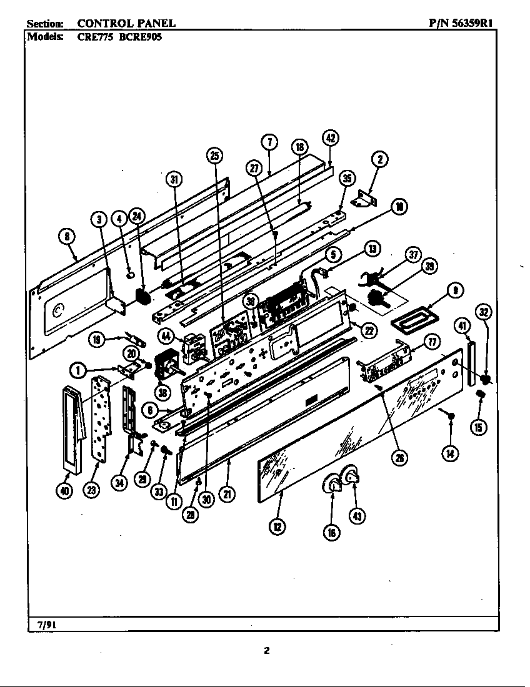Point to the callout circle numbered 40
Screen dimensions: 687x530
63,490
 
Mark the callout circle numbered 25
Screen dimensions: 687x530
214,157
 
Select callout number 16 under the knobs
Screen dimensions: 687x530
331,531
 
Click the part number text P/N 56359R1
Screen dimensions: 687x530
463,23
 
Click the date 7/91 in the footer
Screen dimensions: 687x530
39,624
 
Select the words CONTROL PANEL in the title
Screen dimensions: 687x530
126,23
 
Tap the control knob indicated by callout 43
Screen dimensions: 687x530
351,477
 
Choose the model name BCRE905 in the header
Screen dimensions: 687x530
140,37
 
